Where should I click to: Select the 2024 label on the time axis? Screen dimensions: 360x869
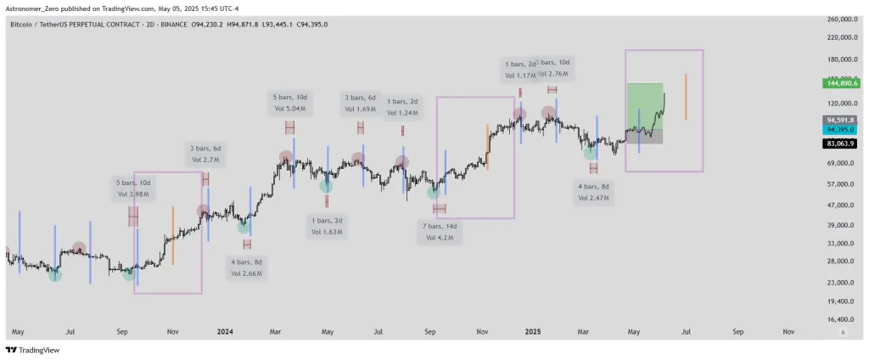225,333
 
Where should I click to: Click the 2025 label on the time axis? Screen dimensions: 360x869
533,333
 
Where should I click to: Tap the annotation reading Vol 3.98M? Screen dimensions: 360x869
133,194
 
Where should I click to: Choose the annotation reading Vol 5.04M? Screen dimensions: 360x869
290,109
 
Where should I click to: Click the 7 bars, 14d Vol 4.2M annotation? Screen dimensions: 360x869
439,232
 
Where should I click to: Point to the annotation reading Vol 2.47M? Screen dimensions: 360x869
592,197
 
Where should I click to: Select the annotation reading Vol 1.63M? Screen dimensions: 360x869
326,231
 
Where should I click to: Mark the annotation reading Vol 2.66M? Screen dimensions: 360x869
247,273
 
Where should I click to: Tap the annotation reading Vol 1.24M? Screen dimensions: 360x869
402,112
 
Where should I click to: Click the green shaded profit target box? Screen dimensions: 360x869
644,104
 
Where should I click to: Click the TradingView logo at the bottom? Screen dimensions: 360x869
29,350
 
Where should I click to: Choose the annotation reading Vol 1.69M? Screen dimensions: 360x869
361,109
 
